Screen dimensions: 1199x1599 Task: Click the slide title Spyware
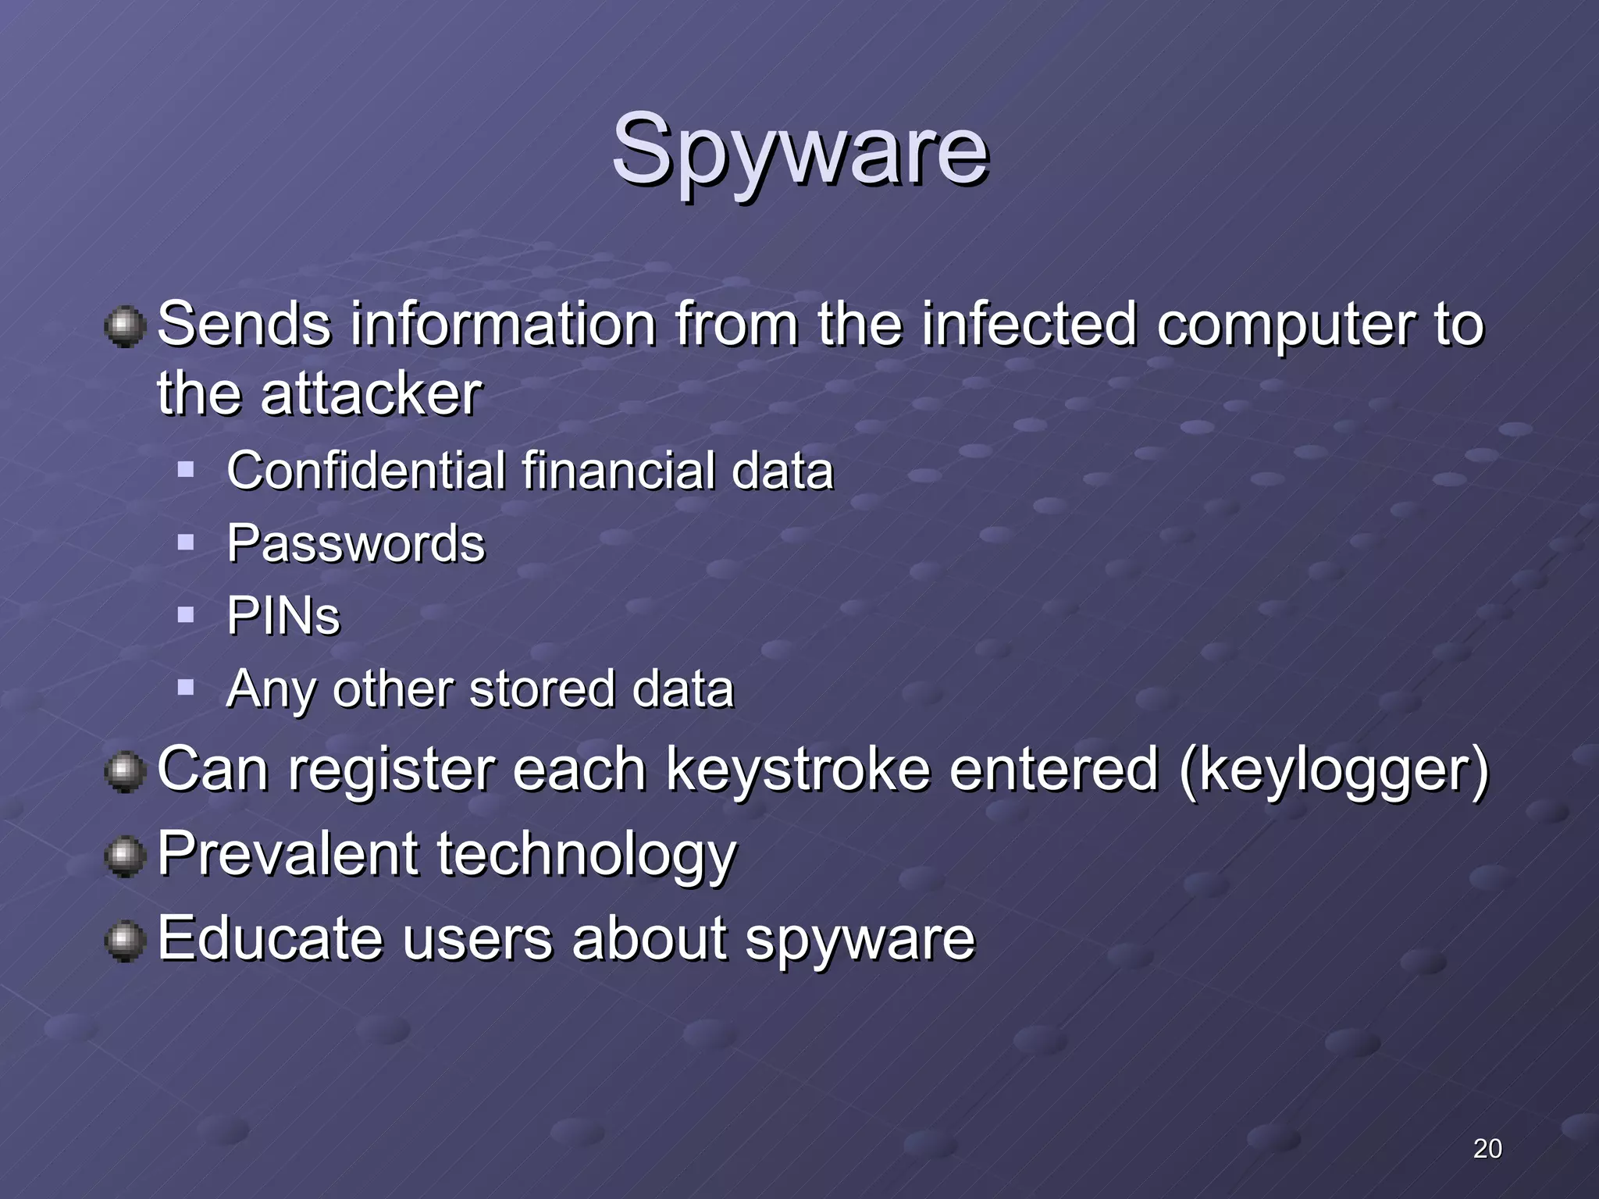pyautogui.click(x=799, y=150)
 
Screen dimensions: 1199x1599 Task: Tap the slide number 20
pyautogui.click(x=1487, y=1148)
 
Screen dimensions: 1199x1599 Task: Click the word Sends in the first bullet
pyautogui.click(x=244, y=324)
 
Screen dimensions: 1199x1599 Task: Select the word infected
pyautogui.click(x=1028, y=324)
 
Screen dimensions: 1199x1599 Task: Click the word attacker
pyautogui.click(x=371, y=393)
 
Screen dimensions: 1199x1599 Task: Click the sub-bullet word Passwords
pyautogui.click(x=356, y=543)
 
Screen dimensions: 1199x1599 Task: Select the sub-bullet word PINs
pyautogui.click(x=283, y=616)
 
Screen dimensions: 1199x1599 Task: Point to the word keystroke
pyautogui.click(x=798, y=770)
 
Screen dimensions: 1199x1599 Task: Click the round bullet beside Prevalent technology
pyautogui.click(x=125, y=856)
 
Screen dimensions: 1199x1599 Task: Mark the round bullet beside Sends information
pyautogui.click(x=125, y=326)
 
